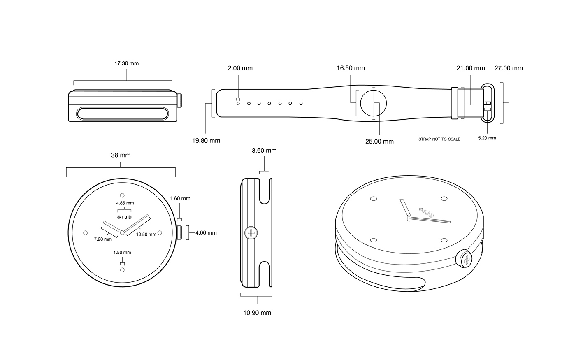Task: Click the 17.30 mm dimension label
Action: click(x=126, y=63)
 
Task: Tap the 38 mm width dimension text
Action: click(x=121, y=155)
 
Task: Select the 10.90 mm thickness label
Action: click(x=257, y=313)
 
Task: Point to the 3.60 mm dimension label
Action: click(x=264, y=150)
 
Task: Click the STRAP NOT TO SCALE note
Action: click(x=439, y=139)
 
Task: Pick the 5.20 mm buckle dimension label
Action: click(x=487, y=138)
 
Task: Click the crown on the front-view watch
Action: click(x=179, y=232)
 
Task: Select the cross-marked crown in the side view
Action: click(x=251, y=233)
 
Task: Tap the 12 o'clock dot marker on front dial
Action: click(x=122, y=195)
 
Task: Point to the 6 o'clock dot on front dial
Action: click(x=122, y=270)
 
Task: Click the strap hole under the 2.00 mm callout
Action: click(x=238, y=103)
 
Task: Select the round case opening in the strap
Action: click(x=374, y=103)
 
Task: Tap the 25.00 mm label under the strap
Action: click(x=379, y=142)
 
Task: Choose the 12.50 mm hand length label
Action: click(x=146, y=235)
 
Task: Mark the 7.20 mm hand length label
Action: click(x=101, y=239)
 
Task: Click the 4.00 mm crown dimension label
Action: click(x=206, y=232)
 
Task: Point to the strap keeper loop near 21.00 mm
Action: click(x=454, y=103)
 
